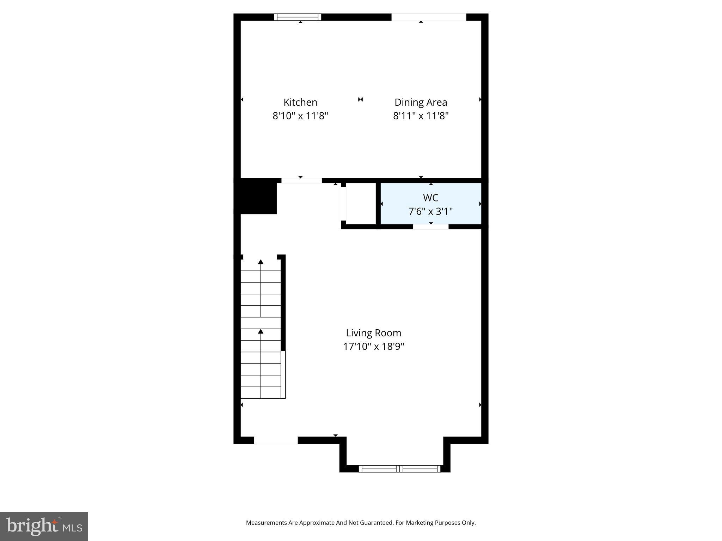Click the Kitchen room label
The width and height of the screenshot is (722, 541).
(x=300, y=102)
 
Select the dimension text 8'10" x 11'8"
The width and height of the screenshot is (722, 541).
(x=300, y=116)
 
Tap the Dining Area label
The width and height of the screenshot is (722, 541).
(x=421, y=102)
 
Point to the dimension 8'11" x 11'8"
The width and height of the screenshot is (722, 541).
(x=421, y=116)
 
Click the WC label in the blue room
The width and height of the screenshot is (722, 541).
(x=430, y=198)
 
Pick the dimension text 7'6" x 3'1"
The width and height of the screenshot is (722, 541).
(x=430, y=211)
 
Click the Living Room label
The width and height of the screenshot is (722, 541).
(x=373, y=333)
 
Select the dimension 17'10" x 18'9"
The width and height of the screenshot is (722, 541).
(x=373, y=347)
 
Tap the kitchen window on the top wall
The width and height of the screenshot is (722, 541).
(x=298, y=17)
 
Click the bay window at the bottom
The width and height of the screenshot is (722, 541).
(x=399, y=468)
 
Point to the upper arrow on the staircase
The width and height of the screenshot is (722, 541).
(x=261, y=262)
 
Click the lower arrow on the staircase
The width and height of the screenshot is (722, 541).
(x=261, y=331)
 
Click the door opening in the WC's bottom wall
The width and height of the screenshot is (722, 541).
(x=430, y=227)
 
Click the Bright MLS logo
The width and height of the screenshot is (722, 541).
(x=44, y=526)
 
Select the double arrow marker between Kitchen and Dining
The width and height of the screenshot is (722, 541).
(x=360, y=100)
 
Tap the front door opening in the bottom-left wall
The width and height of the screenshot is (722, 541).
(x=276, y=440)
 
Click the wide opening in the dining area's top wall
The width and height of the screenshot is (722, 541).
(x=429, y=17)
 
